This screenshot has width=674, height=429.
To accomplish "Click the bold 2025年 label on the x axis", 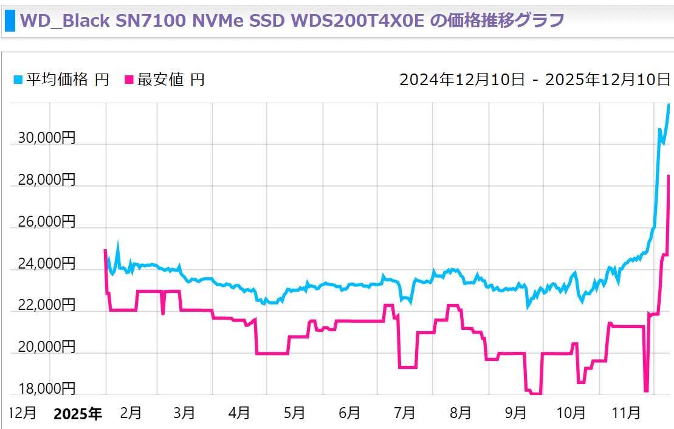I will (78, 414).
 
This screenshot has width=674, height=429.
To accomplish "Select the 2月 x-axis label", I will (131, 413).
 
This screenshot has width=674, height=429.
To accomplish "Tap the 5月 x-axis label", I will (294, 413).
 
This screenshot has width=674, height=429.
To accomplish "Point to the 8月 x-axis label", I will (460, 413).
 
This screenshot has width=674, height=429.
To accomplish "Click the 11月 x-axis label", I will (626, 413).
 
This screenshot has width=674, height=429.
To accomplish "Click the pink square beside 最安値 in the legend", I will (129, 80).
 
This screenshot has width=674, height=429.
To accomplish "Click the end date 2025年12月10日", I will (608, 80).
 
